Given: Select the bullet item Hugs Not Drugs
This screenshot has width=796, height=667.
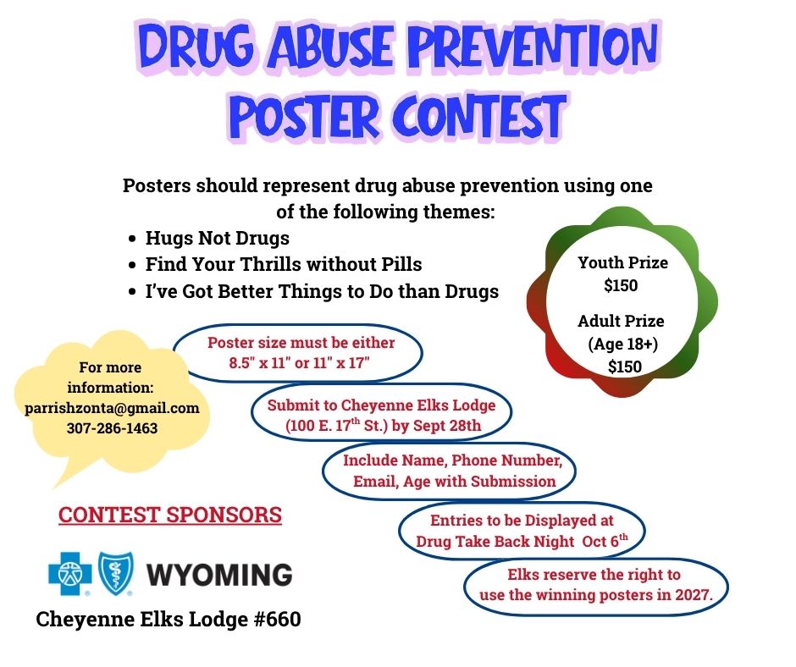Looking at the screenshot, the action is coord(218,238).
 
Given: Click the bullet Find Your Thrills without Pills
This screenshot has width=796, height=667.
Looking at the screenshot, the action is coord(284,264).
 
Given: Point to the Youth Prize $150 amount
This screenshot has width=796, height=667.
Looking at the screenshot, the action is coord(621,285).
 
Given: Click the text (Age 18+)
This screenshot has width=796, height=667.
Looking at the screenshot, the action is coord(623,345).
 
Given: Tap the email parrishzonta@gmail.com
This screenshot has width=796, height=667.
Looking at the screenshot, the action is coord(112,408).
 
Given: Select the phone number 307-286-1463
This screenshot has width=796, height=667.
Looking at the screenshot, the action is coord(112,428).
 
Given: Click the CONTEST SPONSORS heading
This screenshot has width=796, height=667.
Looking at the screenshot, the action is coord(170,515).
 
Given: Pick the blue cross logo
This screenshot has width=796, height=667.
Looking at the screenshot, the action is coord(70,573).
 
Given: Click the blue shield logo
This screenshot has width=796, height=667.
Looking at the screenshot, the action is coord(116,573).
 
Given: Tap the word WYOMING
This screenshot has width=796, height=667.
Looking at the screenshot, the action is coord(219,574).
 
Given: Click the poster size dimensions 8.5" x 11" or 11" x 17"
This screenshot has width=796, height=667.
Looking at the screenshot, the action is coord(299,363).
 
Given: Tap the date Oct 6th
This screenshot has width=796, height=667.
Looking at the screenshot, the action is coord(605,541).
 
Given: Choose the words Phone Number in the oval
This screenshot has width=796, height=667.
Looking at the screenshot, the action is coord(506,460).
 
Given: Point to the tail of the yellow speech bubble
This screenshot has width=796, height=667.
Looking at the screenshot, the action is coord(55,487).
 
